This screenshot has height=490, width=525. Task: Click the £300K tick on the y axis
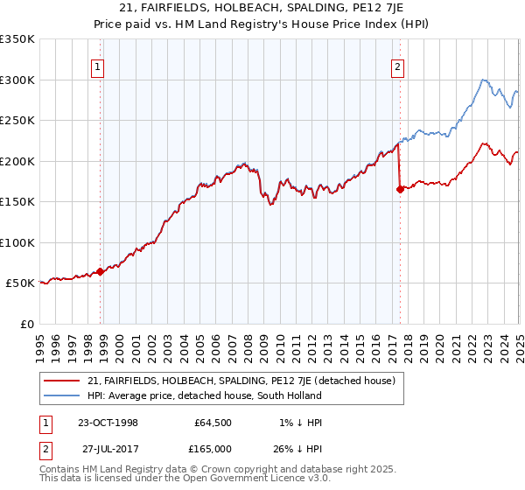tap(17, 80)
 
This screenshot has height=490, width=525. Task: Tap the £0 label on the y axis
tap(26, 324)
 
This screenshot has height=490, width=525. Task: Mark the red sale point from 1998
tap(101, 271)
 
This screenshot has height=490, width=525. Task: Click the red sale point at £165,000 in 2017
tap(400, 189)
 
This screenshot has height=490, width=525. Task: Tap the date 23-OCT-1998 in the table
tap(108, 423)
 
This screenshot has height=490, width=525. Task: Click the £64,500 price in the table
tap(213, 423)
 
